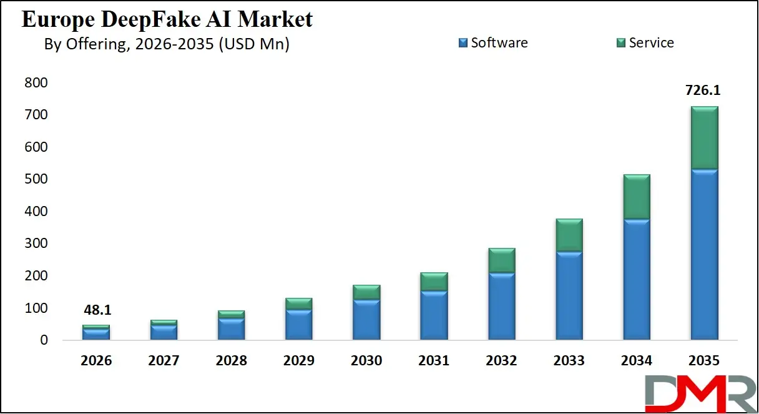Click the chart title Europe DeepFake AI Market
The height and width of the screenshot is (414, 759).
(x=167, y=19)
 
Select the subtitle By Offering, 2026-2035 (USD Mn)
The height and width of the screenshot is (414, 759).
(x=167, y=44)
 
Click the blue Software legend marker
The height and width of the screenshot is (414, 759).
(x=463, y=43)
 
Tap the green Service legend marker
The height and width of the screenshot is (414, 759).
(x=620, y=43)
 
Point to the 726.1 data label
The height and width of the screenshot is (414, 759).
(x=703, y=91)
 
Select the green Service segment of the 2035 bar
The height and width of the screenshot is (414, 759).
(x=704, y=138)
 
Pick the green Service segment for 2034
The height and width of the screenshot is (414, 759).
(x=637, y=197)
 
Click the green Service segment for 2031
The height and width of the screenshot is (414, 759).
(x=434, y=282)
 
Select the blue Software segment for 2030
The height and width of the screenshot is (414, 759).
(x=366, y=320)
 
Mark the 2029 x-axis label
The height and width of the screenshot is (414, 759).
(x=298, y=361)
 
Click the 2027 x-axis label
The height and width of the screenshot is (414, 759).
(x=164, y=361)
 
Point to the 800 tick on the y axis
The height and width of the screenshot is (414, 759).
(x=36, y=83)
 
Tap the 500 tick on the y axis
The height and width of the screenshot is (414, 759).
(x=36, y=180)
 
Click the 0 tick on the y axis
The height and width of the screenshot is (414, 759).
(x=44, y=340)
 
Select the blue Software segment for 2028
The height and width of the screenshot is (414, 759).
(x=231, y=329)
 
